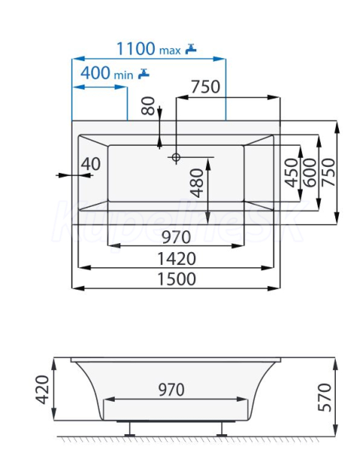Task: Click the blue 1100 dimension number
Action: [136, 48]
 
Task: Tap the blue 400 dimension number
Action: [95, 72]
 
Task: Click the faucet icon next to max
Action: [190, 48]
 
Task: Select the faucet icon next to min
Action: [143, 73]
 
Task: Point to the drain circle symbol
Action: [176, 157]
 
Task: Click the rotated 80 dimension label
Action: [149, 106]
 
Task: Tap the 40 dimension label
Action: [91, 164]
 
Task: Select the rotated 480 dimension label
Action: [198, 183]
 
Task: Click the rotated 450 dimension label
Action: [291, 172]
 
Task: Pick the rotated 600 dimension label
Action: [310, 172]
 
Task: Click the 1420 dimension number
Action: [177, 258]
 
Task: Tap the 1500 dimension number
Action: [177, 279]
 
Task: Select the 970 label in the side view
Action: [171, 390]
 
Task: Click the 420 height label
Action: [42, 390]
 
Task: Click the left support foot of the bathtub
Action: [130, 429]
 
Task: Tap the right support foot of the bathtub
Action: [222, 429]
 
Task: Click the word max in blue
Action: [170, 51]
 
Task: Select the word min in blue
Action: [124, 75]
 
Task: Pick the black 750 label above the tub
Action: [205, 87]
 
